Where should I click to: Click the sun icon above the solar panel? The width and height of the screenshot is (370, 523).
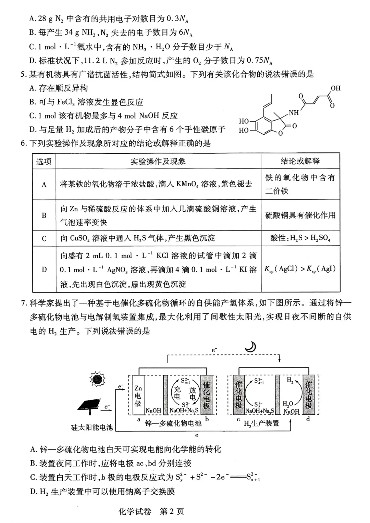coord(97,379)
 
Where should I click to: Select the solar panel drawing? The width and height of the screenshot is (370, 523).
coord(89,404)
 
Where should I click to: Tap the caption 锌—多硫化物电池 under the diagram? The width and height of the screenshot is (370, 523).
coord(173,423)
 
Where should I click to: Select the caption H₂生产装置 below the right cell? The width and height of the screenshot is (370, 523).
coord(261,423)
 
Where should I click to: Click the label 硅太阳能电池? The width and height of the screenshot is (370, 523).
coord(92,427)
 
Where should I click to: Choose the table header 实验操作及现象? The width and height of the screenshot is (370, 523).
coord(158,161)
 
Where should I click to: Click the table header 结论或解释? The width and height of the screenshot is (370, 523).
coord(300,161)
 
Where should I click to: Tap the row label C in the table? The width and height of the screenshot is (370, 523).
coord(44,238)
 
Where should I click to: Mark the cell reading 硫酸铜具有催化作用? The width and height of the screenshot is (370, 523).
coord(300,215)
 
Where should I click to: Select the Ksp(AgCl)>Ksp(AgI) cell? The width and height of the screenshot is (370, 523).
coord(300,269)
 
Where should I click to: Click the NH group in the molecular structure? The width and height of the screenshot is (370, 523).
coord(294,113)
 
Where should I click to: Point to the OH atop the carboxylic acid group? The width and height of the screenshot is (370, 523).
coord(335,88)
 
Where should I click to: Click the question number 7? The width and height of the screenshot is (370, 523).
coord(23,303)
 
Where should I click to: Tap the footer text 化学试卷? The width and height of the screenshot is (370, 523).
coord(135,511)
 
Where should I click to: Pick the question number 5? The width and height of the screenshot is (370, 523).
coord(23,74)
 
